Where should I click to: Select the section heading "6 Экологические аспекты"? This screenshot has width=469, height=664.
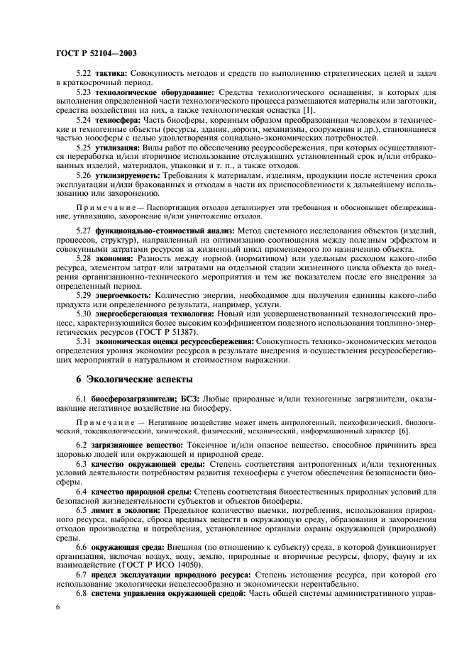141,385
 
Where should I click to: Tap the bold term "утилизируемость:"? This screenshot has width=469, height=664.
128,174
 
